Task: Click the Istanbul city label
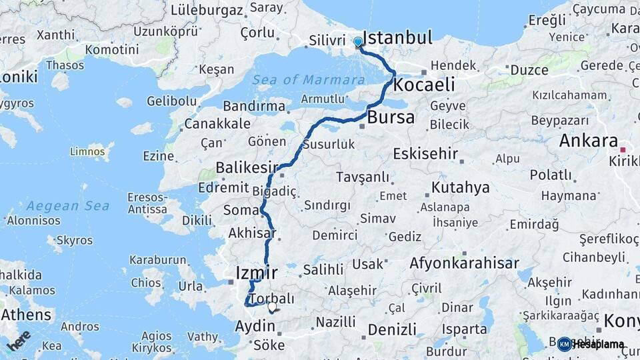pos(398,37)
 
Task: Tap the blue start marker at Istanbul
pos(358,42)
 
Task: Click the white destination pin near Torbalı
pos(272,307)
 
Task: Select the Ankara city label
pos(588,141)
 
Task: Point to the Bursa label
pos(391,118)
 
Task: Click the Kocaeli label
pos(424,85)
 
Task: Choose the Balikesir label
pos(247,167)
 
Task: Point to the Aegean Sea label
pos(68,205)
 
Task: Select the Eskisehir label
pos(425,154)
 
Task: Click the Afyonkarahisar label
pos(464,263)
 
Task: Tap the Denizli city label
pos(392,329)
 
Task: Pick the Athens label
pos(27,314)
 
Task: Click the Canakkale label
pos(217,124)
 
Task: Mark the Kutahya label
pos(461,187)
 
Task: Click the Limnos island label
pos(88,152)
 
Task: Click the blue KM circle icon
pos(565,344)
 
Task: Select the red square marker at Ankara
pos(623,150)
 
